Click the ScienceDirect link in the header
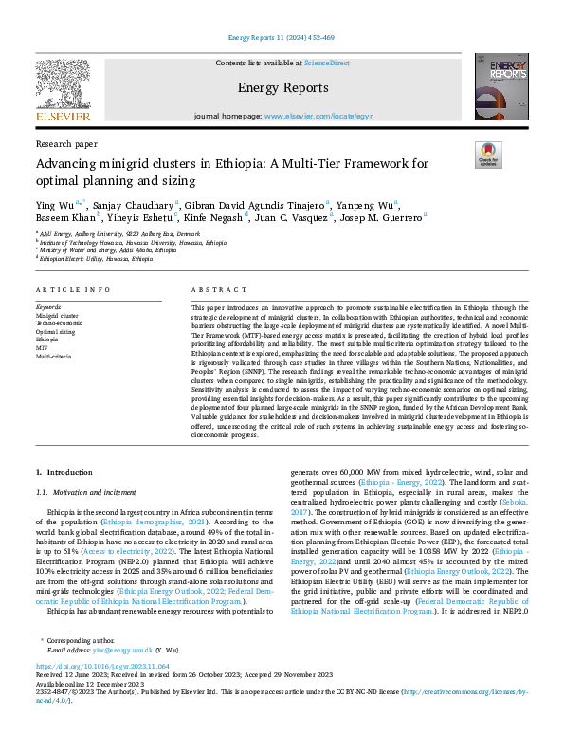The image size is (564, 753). tap(326, 63)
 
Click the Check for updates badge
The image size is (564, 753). tap(488, 155)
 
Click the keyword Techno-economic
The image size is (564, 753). tap(59, 323)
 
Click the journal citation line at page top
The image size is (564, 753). tap(282, 38)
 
